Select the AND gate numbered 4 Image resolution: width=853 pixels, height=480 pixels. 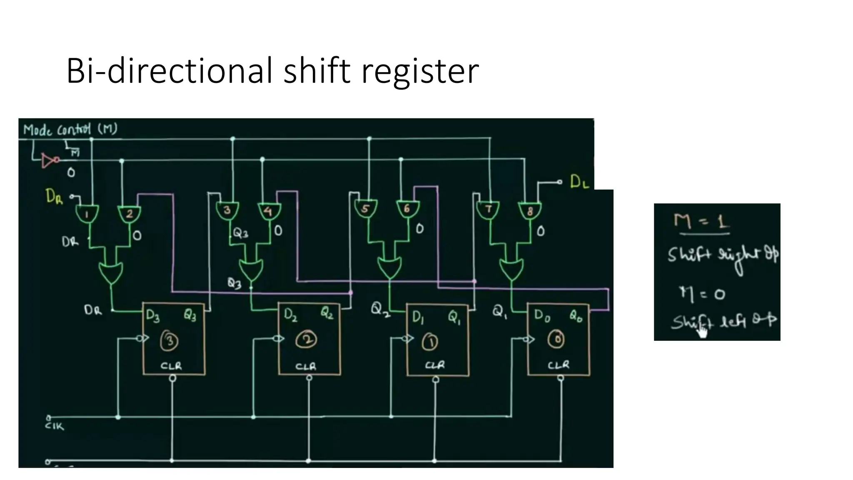point(269,211)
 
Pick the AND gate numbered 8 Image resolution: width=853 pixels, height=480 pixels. point(529,211)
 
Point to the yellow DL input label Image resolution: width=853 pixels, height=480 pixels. point(579,182)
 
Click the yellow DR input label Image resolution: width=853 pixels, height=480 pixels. point(54,196)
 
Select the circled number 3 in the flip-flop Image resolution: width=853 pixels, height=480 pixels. point(170,341)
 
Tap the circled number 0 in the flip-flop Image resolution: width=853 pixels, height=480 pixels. point(556,339)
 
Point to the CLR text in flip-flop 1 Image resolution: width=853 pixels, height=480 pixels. point(435,365)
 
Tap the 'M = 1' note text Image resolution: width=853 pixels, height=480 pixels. point(701,221)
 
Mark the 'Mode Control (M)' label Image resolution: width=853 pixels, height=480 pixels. point(70,130)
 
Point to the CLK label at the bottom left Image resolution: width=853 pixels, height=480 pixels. point(55,426)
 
